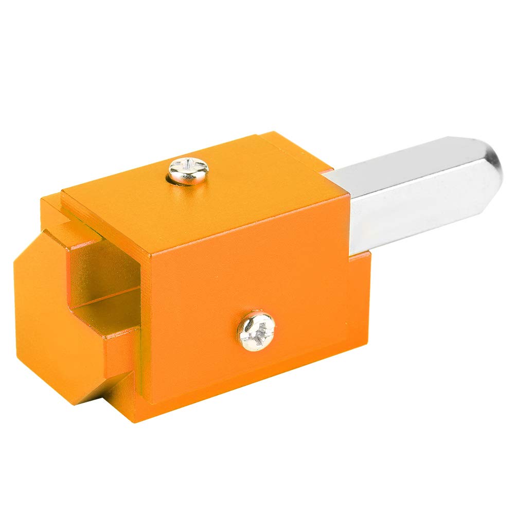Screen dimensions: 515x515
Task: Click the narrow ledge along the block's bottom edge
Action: (x=247, y=396)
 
